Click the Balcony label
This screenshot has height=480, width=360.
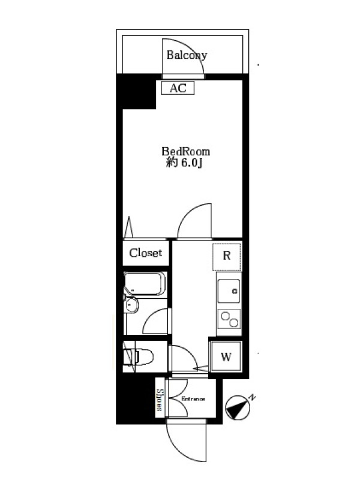point(187,55)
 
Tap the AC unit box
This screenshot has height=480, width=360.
point(178,88)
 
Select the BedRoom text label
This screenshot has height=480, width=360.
point(186,152)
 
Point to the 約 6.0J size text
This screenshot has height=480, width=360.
point(184,163)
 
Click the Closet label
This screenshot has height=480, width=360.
point(145,253)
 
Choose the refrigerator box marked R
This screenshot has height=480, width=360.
point(227,257)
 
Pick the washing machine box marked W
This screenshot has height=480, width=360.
point(226,356)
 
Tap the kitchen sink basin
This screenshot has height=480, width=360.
point(229,291)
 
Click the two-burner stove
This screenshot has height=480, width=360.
point(229,319)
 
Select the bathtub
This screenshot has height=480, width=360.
point(145,283)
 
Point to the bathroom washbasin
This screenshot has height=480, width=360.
point(131,305)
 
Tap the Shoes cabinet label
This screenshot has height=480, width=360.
point(160,400)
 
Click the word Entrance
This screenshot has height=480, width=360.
point(193,399)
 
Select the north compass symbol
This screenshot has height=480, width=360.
point(238,408)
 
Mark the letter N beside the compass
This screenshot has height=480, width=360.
point(252,397)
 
